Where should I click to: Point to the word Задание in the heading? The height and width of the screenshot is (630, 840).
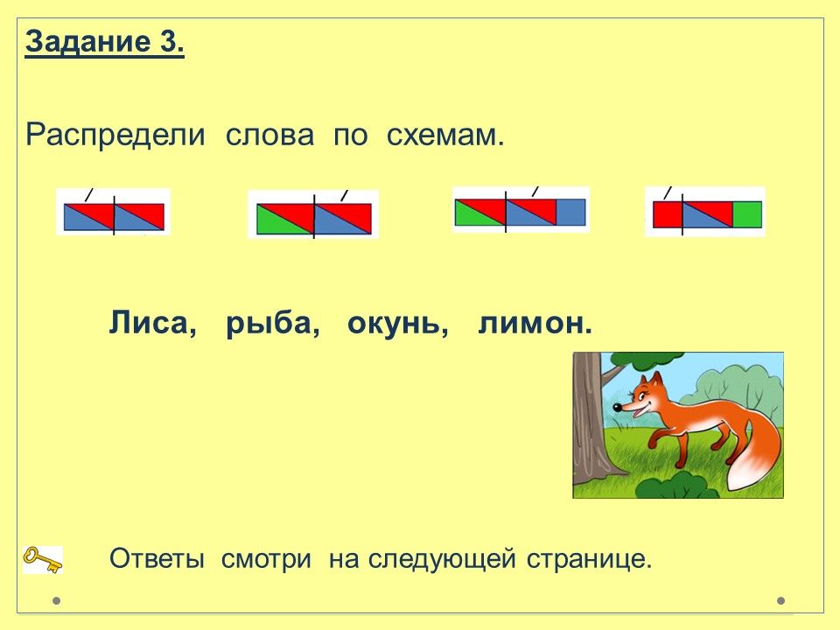tap(87, 42)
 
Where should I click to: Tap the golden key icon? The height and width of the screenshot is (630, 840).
tap(43, 559)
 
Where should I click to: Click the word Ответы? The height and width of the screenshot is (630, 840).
tap(157, 559)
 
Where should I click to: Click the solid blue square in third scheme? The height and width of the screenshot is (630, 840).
tap(570, 212)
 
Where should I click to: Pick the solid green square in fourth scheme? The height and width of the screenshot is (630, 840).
tap(746, 214)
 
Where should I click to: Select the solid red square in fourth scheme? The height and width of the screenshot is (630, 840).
tap(668, 214)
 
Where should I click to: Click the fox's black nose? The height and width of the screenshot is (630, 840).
tap(617, 407)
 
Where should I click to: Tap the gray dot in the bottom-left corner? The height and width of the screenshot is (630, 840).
tap(56, 600)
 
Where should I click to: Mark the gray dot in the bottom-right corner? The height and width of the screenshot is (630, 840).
tap(781, 600)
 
